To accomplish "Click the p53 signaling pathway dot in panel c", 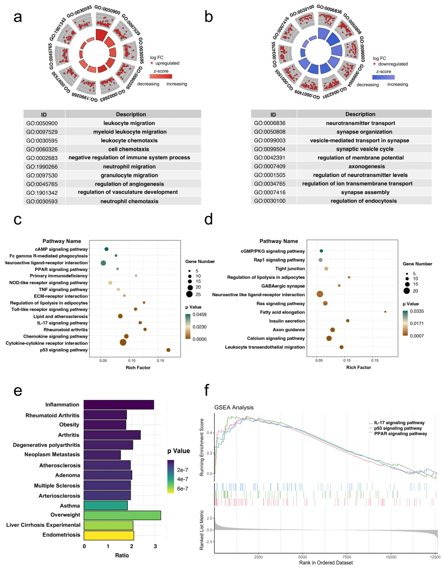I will click(168, 350).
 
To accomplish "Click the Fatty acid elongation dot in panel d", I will click(385, 312).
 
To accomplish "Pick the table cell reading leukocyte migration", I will click(129, 123).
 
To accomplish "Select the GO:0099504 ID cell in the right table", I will click(270, 149).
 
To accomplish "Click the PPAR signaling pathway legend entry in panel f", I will click(400, 434).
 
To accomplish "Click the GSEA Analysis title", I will click(234, 407).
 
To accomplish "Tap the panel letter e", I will click(18, 391).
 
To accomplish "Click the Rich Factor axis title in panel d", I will click(358, 367).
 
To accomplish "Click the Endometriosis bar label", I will click(61, 535).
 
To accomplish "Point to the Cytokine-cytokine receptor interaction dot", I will click(123, 342).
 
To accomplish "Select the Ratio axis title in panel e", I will click(122, 555).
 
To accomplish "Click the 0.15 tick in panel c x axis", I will click(160, 361).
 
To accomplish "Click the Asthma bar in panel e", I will click(106, 506).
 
